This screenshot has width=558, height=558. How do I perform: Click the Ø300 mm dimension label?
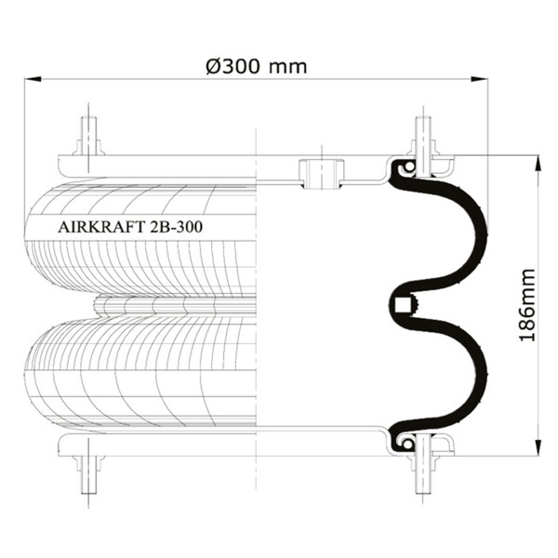click(257, 66)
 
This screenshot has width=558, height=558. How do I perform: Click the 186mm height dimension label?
click(527, 305)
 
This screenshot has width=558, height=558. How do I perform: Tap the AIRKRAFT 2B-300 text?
click(130, 227)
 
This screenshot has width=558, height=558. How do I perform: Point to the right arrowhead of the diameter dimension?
click(479, 79)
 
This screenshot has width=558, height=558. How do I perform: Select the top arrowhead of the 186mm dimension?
click(538, 164)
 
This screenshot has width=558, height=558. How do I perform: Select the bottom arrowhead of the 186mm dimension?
click(538, 446)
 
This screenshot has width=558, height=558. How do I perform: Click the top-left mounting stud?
click(88, 137)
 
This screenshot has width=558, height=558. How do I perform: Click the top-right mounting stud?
click(423, 137)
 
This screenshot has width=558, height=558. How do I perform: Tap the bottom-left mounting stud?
click(88, 475)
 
